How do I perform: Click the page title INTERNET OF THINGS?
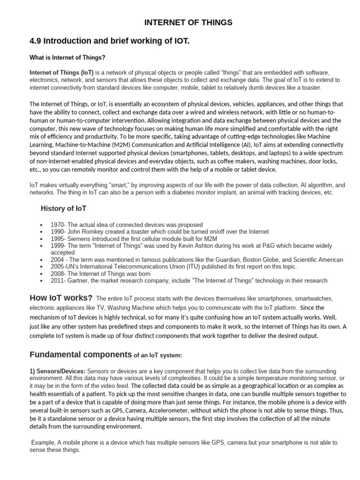point(187,22)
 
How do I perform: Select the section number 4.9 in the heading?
point(36,42)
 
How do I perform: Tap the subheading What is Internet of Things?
point(67,58)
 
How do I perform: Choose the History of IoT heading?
point(63,208)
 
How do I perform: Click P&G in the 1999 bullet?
point(265,246)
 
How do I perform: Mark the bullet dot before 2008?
point(42,274)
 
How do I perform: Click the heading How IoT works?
point(61,298)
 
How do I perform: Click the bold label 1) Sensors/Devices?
point(58,371)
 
